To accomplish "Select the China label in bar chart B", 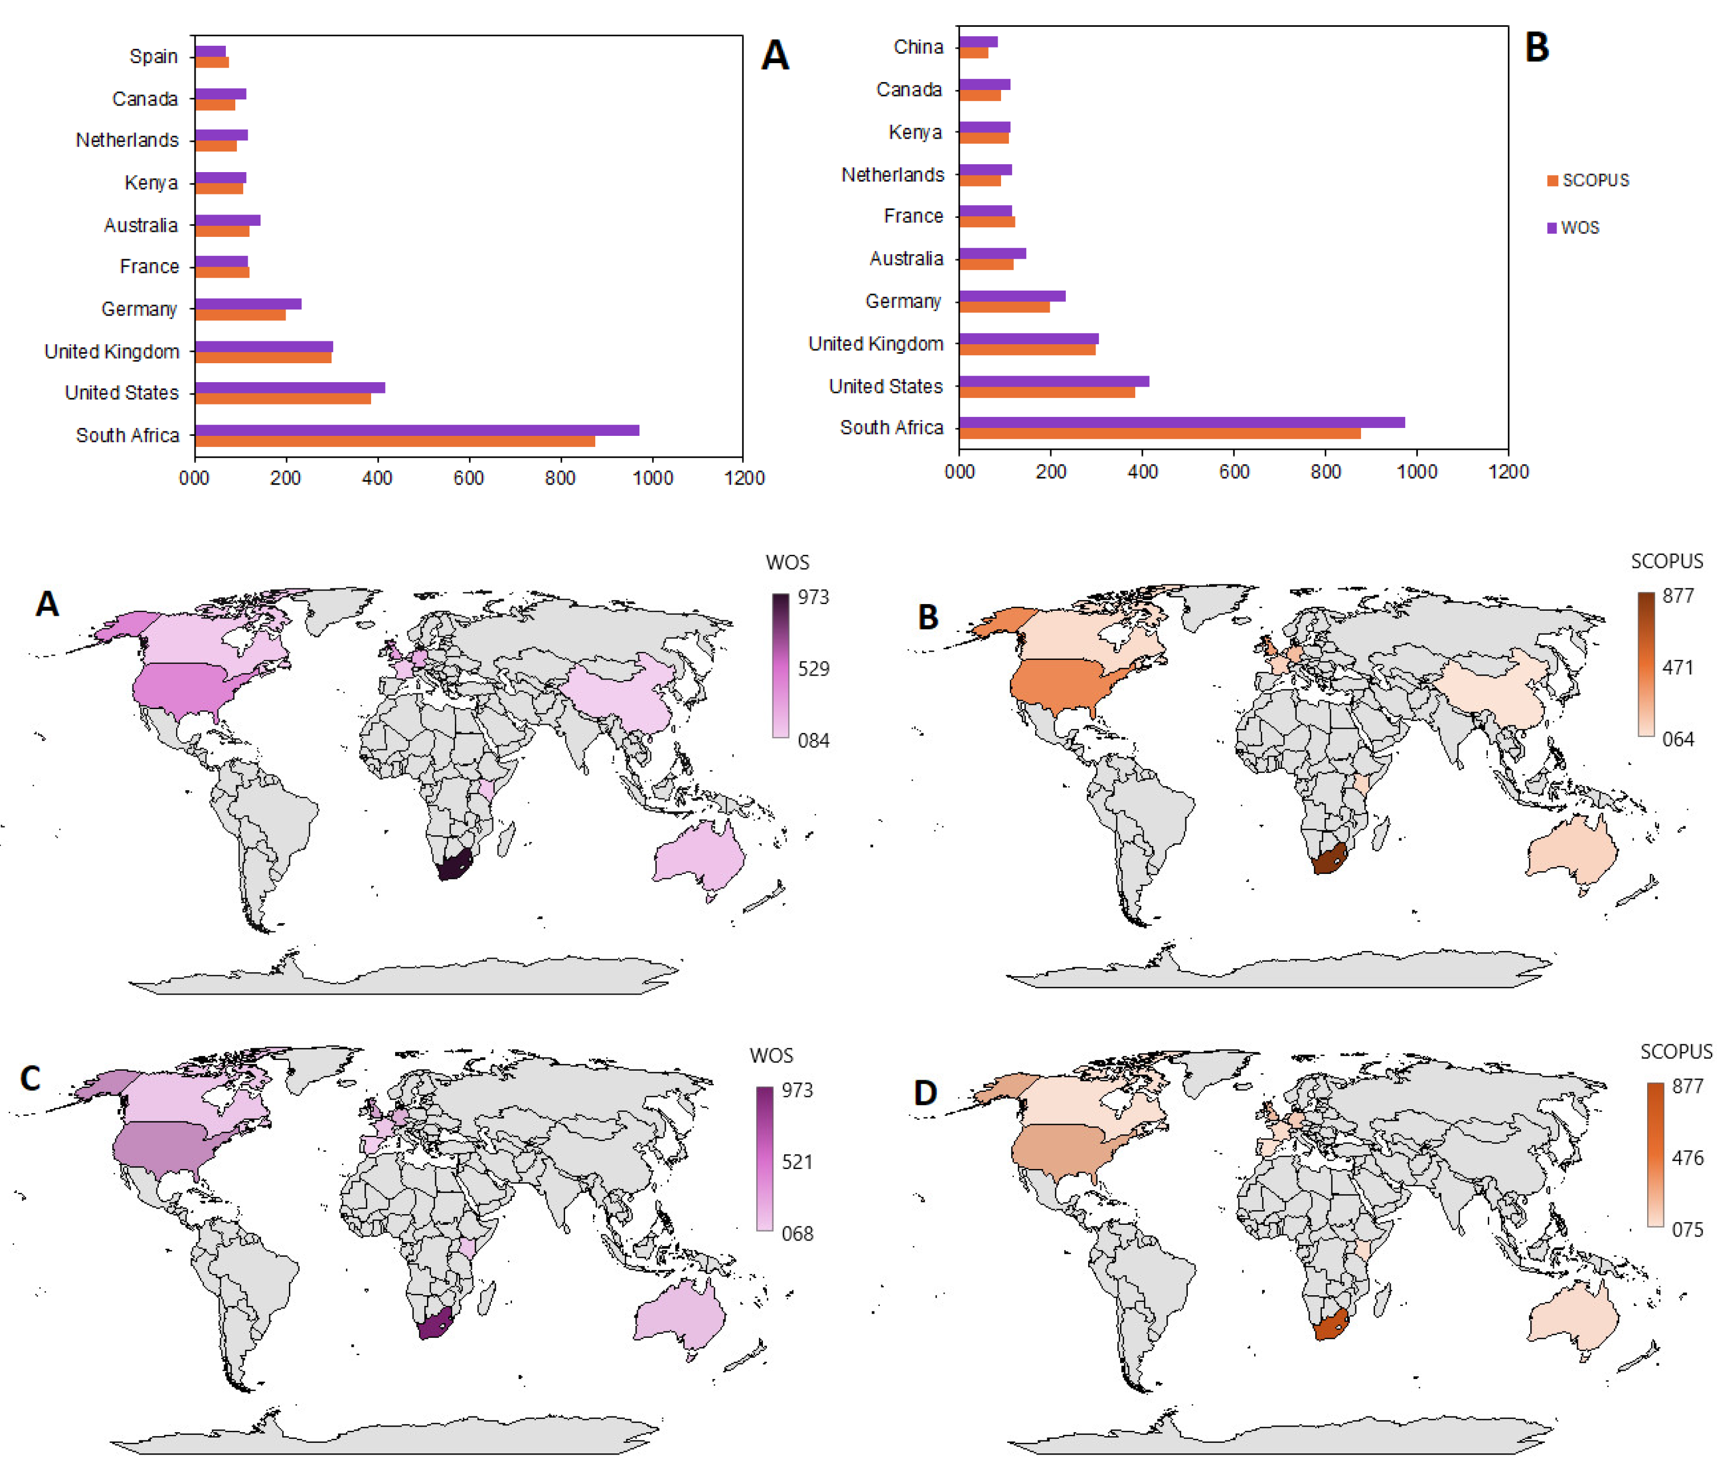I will tap(918, 47).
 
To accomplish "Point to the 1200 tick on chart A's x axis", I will tap(744, 478).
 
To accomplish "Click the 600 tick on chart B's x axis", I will tap(1234, 472).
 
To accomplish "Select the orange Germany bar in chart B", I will tap(1004, 307).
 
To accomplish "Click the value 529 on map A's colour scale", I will tap(813, 669).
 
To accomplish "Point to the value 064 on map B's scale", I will tap(1677, 739).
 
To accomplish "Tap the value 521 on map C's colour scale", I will tap(797, 1162).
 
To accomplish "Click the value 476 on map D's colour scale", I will tap(1687, 1157).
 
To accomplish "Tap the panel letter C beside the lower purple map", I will tap(31, 1078).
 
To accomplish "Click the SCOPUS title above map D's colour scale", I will tap(1676, 1052).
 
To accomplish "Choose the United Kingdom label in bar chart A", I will tap(112, 351).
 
